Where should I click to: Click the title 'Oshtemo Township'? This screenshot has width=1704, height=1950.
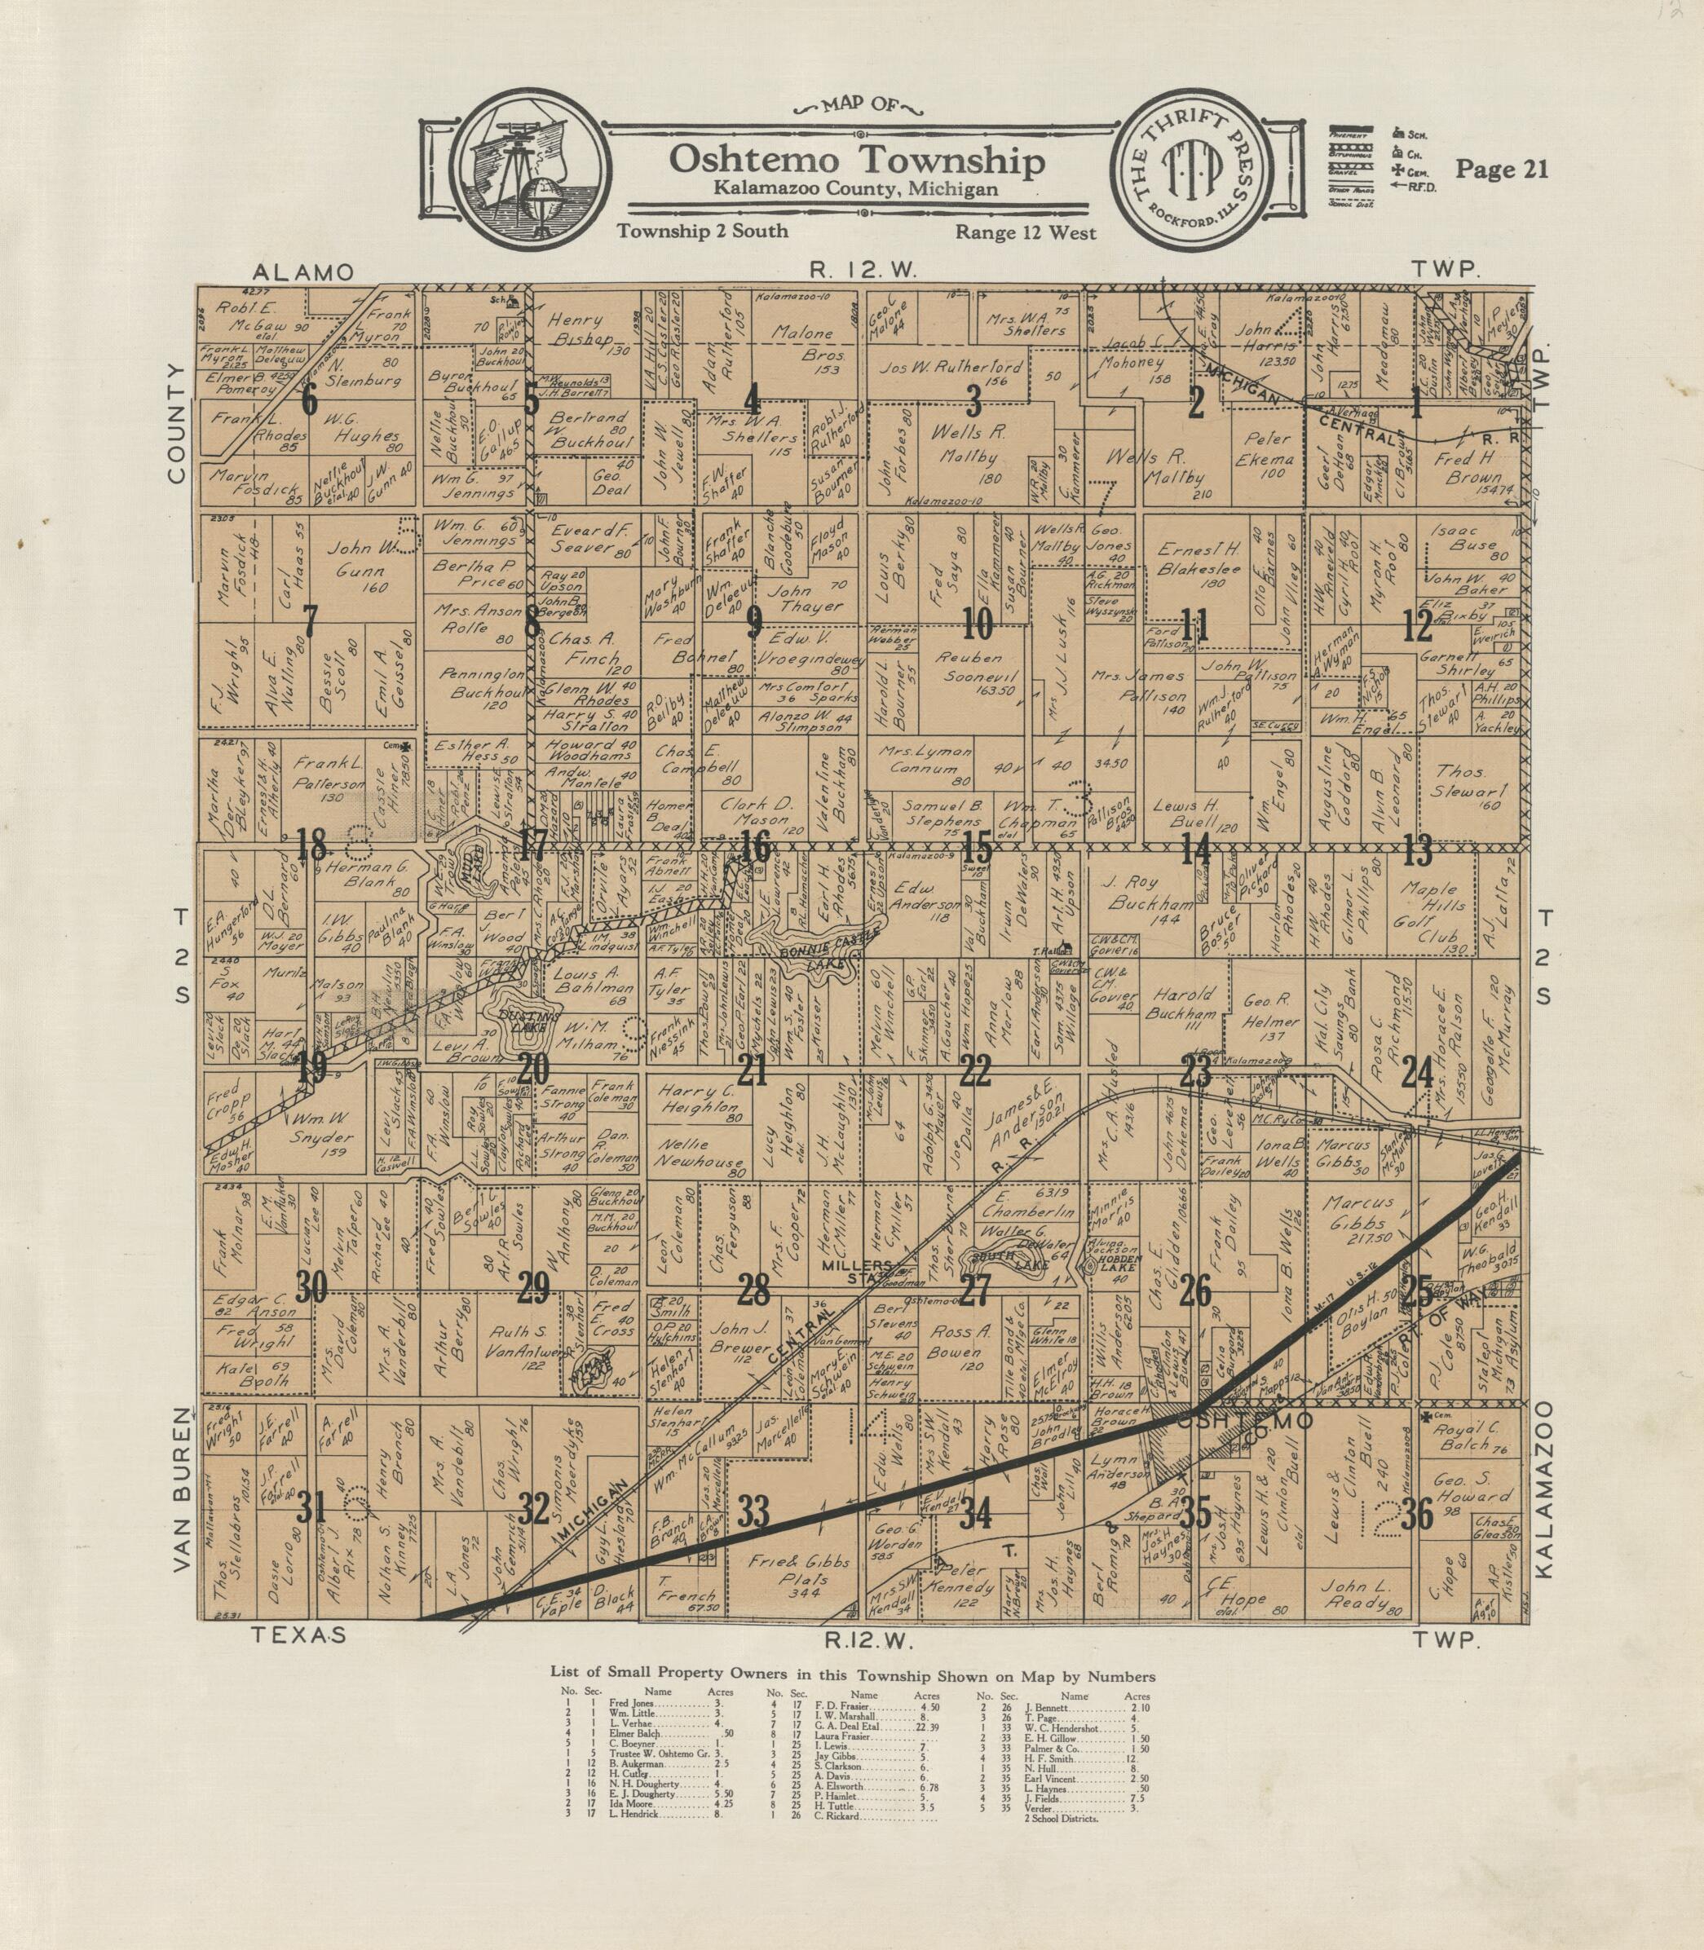point(857,159)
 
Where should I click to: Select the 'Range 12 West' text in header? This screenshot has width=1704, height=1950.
point(1026,232)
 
